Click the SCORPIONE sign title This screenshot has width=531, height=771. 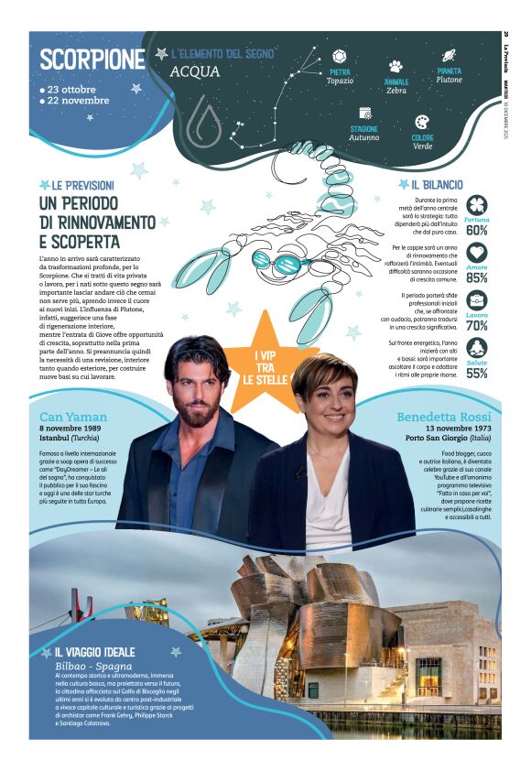(x=92, y=60)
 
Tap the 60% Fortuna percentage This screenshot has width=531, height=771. (x=476, y=231)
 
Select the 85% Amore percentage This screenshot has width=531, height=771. (x=476, y=277)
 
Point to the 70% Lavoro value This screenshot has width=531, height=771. (x=476, y=325)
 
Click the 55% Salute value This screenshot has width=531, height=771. (x=476, y=373)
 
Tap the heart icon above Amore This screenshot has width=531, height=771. (x=476, y=253)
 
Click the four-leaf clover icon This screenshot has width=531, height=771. (x=476, y=205)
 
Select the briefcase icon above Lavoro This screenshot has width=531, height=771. (x=476, y=300)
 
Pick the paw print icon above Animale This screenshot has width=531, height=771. (x=396, y=67)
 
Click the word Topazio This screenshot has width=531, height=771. (x=340, y=81)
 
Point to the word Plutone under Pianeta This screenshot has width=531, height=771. (x=449, y=80)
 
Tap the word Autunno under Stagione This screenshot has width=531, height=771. (x=363, y=137)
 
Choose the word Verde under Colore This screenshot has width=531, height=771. (x=422, y=146)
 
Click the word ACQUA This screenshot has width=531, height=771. (x=195, y=71)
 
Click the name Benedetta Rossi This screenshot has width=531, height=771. (x=442, y=418)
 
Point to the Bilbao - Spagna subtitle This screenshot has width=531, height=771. (x=93, y=666)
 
